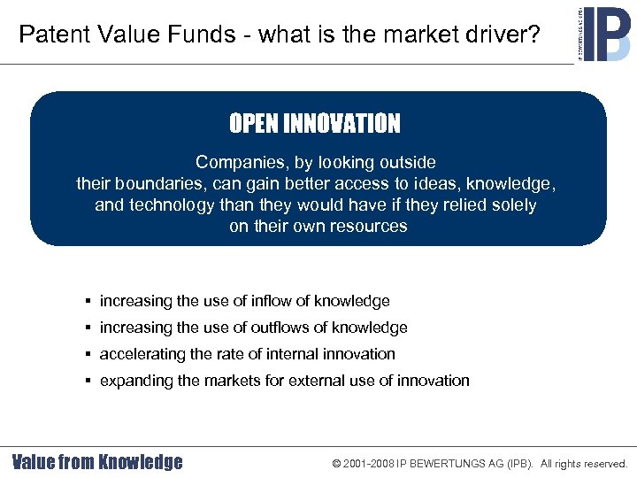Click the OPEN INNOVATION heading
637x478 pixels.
(x=315, y=124)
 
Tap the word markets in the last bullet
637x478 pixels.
(x=230, y=381)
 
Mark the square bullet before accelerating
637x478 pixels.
(x=90, y=354)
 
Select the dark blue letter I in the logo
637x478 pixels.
(x=589, y=35)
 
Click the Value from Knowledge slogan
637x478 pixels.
(x=97, y=462)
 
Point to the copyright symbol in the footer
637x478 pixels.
(x=336, y=463)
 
